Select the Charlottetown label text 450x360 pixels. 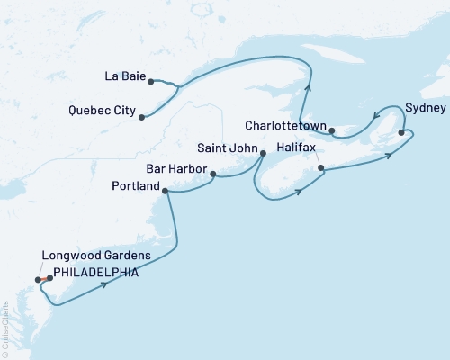pos(285,126)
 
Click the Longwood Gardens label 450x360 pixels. pos(87,257)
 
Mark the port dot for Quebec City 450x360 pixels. pos(142,115)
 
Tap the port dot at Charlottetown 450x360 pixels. pos(332,131)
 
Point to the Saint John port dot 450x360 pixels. pos(263,153)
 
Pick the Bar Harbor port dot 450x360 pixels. pos(213,173)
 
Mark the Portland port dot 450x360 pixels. pos(164,190)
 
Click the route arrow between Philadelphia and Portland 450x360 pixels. pos(107,285)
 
